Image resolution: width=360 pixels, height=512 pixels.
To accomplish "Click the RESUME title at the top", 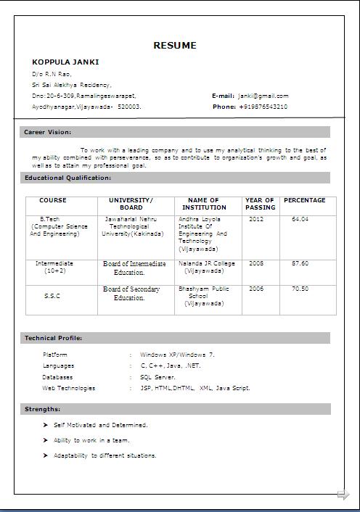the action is pyautogui.click(x=174, y=46).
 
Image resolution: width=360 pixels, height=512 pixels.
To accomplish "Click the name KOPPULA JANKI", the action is pyautogui.click(x=65, y=62).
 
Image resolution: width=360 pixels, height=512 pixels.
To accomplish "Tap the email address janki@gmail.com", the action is pyautogui.click(x=263, y=96).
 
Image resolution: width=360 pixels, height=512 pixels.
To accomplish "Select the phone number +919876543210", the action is pyautogui.click(x=263, y=107).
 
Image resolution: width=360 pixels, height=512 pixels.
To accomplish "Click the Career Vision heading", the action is pyautogui.click(x=48, y=132).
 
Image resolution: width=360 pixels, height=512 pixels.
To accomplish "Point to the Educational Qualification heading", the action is pyautogui.click(x=67, y=178).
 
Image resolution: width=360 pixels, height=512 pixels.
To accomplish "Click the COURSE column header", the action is pyautogui.click(x=52, y=200).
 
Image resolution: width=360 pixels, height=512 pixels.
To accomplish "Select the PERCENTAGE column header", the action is pyautogui.click(x=304, y=200).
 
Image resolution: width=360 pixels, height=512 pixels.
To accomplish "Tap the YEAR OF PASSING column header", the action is pyautogui.click(x=260, y=204).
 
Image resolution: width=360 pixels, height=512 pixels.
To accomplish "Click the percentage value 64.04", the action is pyautogui.click(x=300, y=218).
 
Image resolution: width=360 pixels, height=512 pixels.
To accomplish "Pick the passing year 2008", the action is pyautogui.click(x=256, y=263).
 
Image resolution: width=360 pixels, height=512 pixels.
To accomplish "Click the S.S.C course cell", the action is pyautogui.click(x=52, y=296).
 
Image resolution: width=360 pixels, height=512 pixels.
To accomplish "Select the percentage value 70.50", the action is pyautogui.click(x=300, y=289).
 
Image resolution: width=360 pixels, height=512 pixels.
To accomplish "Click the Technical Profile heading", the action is pyautogui.click(x=53, y=338).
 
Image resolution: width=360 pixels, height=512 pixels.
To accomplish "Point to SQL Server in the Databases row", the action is pyautogui.click(x=157, y=377).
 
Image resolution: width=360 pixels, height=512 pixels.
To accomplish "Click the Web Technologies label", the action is pyautogui.click(x=69, y=388).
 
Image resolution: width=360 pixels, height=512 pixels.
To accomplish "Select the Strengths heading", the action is pyautogui.click(x=43, y=410).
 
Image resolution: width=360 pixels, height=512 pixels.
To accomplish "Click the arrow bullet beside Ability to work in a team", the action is pyautogui.click(x=46, y=440).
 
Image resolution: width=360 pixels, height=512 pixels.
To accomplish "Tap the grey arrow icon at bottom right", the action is pyautogui.click(x=343, y=495).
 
